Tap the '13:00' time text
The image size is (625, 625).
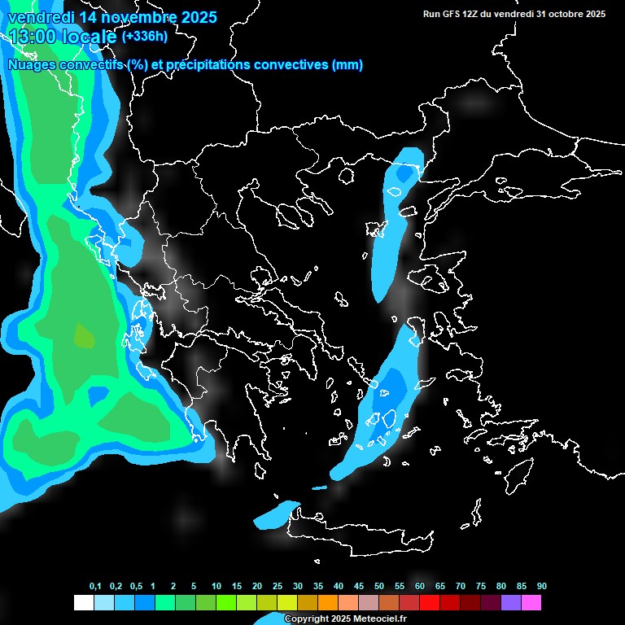(33, 37)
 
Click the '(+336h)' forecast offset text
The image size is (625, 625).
(144, 37)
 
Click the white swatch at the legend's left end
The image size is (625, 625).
(83, 603)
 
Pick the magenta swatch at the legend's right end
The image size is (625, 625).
(531, 603)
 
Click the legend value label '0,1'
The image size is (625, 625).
(95, 586)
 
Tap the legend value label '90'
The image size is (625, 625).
(542, 586)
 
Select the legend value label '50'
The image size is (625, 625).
(379, 586)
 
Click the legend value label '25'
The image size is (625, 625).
(278, 586)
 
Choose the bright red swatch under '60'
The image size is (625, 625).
(430, 603)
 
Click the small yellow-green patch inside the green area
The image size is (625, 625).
(84, 334)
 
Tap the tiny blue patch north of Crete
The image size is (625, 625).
(319, 488)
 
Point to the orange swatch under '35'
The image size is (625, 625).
(328, 603)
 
